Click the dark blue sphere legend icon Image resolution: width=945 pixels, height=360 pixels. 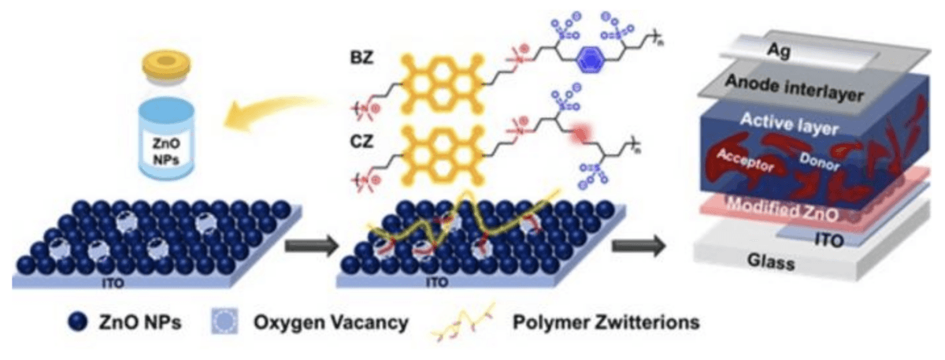coord(77,321)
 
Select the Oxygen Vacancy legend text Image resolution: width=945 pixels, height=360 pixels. coord(330,322)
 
